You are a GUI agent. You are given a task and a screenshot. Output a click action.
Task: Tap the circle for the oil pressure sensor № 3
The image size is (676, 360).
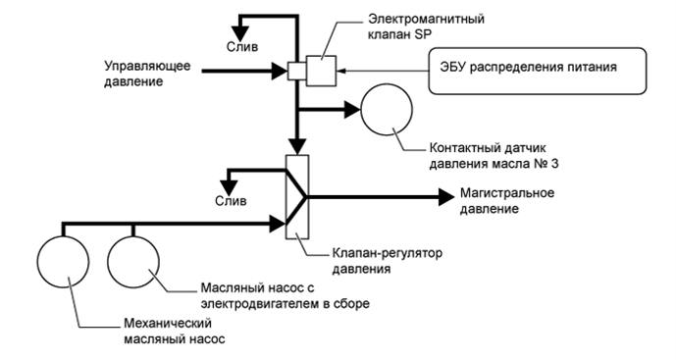pos(390,110)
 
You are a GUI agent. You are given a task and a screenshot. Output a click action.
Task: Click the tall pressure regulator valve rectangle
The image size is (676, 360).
pos(297,196)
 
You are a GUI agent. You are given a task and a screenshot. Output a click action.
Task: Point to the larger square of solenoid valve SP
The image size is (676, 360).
pos(320,70)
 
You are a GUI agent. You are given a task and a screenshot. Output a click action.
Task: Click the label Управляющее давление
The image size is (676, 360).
pos(148,75)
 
